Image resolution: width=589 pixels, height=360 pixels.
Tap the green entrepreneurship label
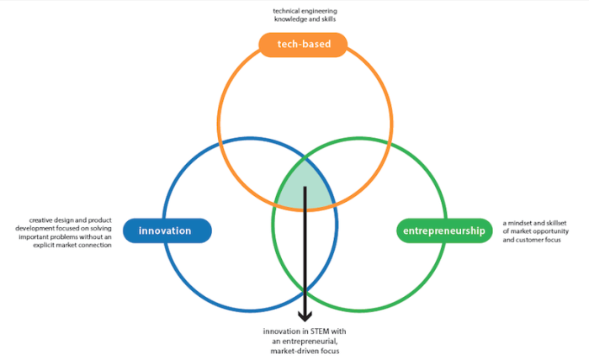pyautogui.click(x=443, y=230)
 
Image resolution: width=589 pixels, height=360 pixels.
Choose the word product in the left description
pyautogui.click(x=93, y=220)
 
